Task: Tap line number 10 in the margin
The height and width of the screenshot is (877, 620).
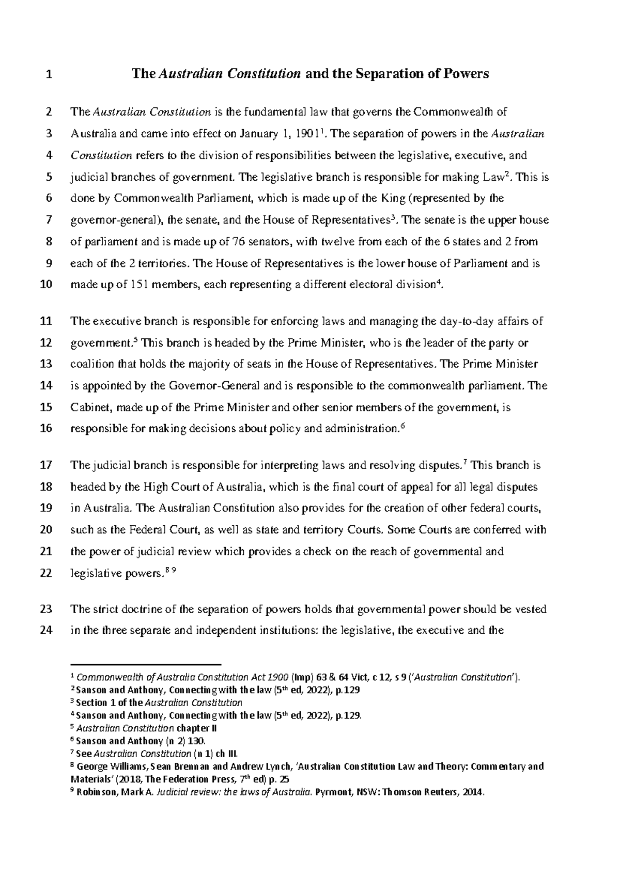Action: tap(47, 285)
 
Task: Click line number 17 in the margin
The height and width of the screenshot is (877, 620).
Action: tap(47, 465)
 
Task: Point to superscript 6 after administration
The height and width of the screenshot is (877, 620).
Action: tap(403, 426)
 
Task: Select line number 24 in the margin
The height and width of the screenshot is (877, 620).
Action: tap(47, 631)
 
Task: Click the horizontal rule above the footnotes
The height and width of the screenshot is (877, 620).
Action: tap(145, 665)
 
